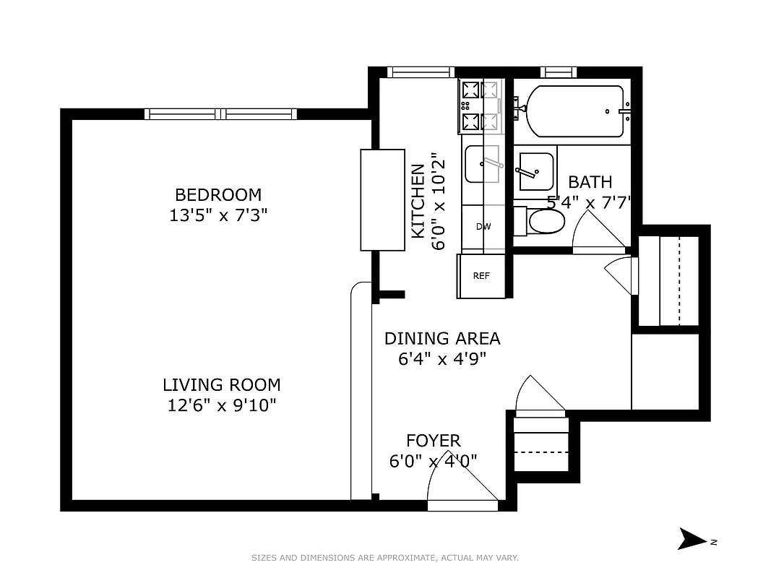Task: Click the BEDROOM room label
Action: (x=218, y=195)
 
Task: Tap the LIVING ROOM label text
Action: (x=221, y=385)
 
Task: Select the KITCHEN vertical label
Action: (x=418, y=202)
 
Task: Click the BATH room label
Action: (x=590, y=182)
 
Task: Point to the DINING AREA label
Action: (x=442, y=338)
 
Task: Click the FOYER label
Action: (x=433, y=441)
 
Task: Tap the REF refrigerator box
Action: (x=481, y=276)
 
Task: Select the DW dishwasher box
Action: (x=483, y=227)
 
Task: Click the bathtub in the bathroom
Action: (x=575, y=111)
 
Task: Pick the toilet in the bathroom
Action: (x=543, y=221)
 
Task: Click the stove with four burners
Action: (x=479, y=106)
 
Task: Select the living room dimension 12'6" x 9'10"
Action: (x=222, y=405)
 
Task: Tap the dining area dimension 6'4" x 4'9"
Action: (x=442, y=358)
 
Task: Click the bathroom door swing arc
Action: (x=597, y=233)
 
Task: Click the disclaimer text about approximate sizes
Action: (x=384, y=558)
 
